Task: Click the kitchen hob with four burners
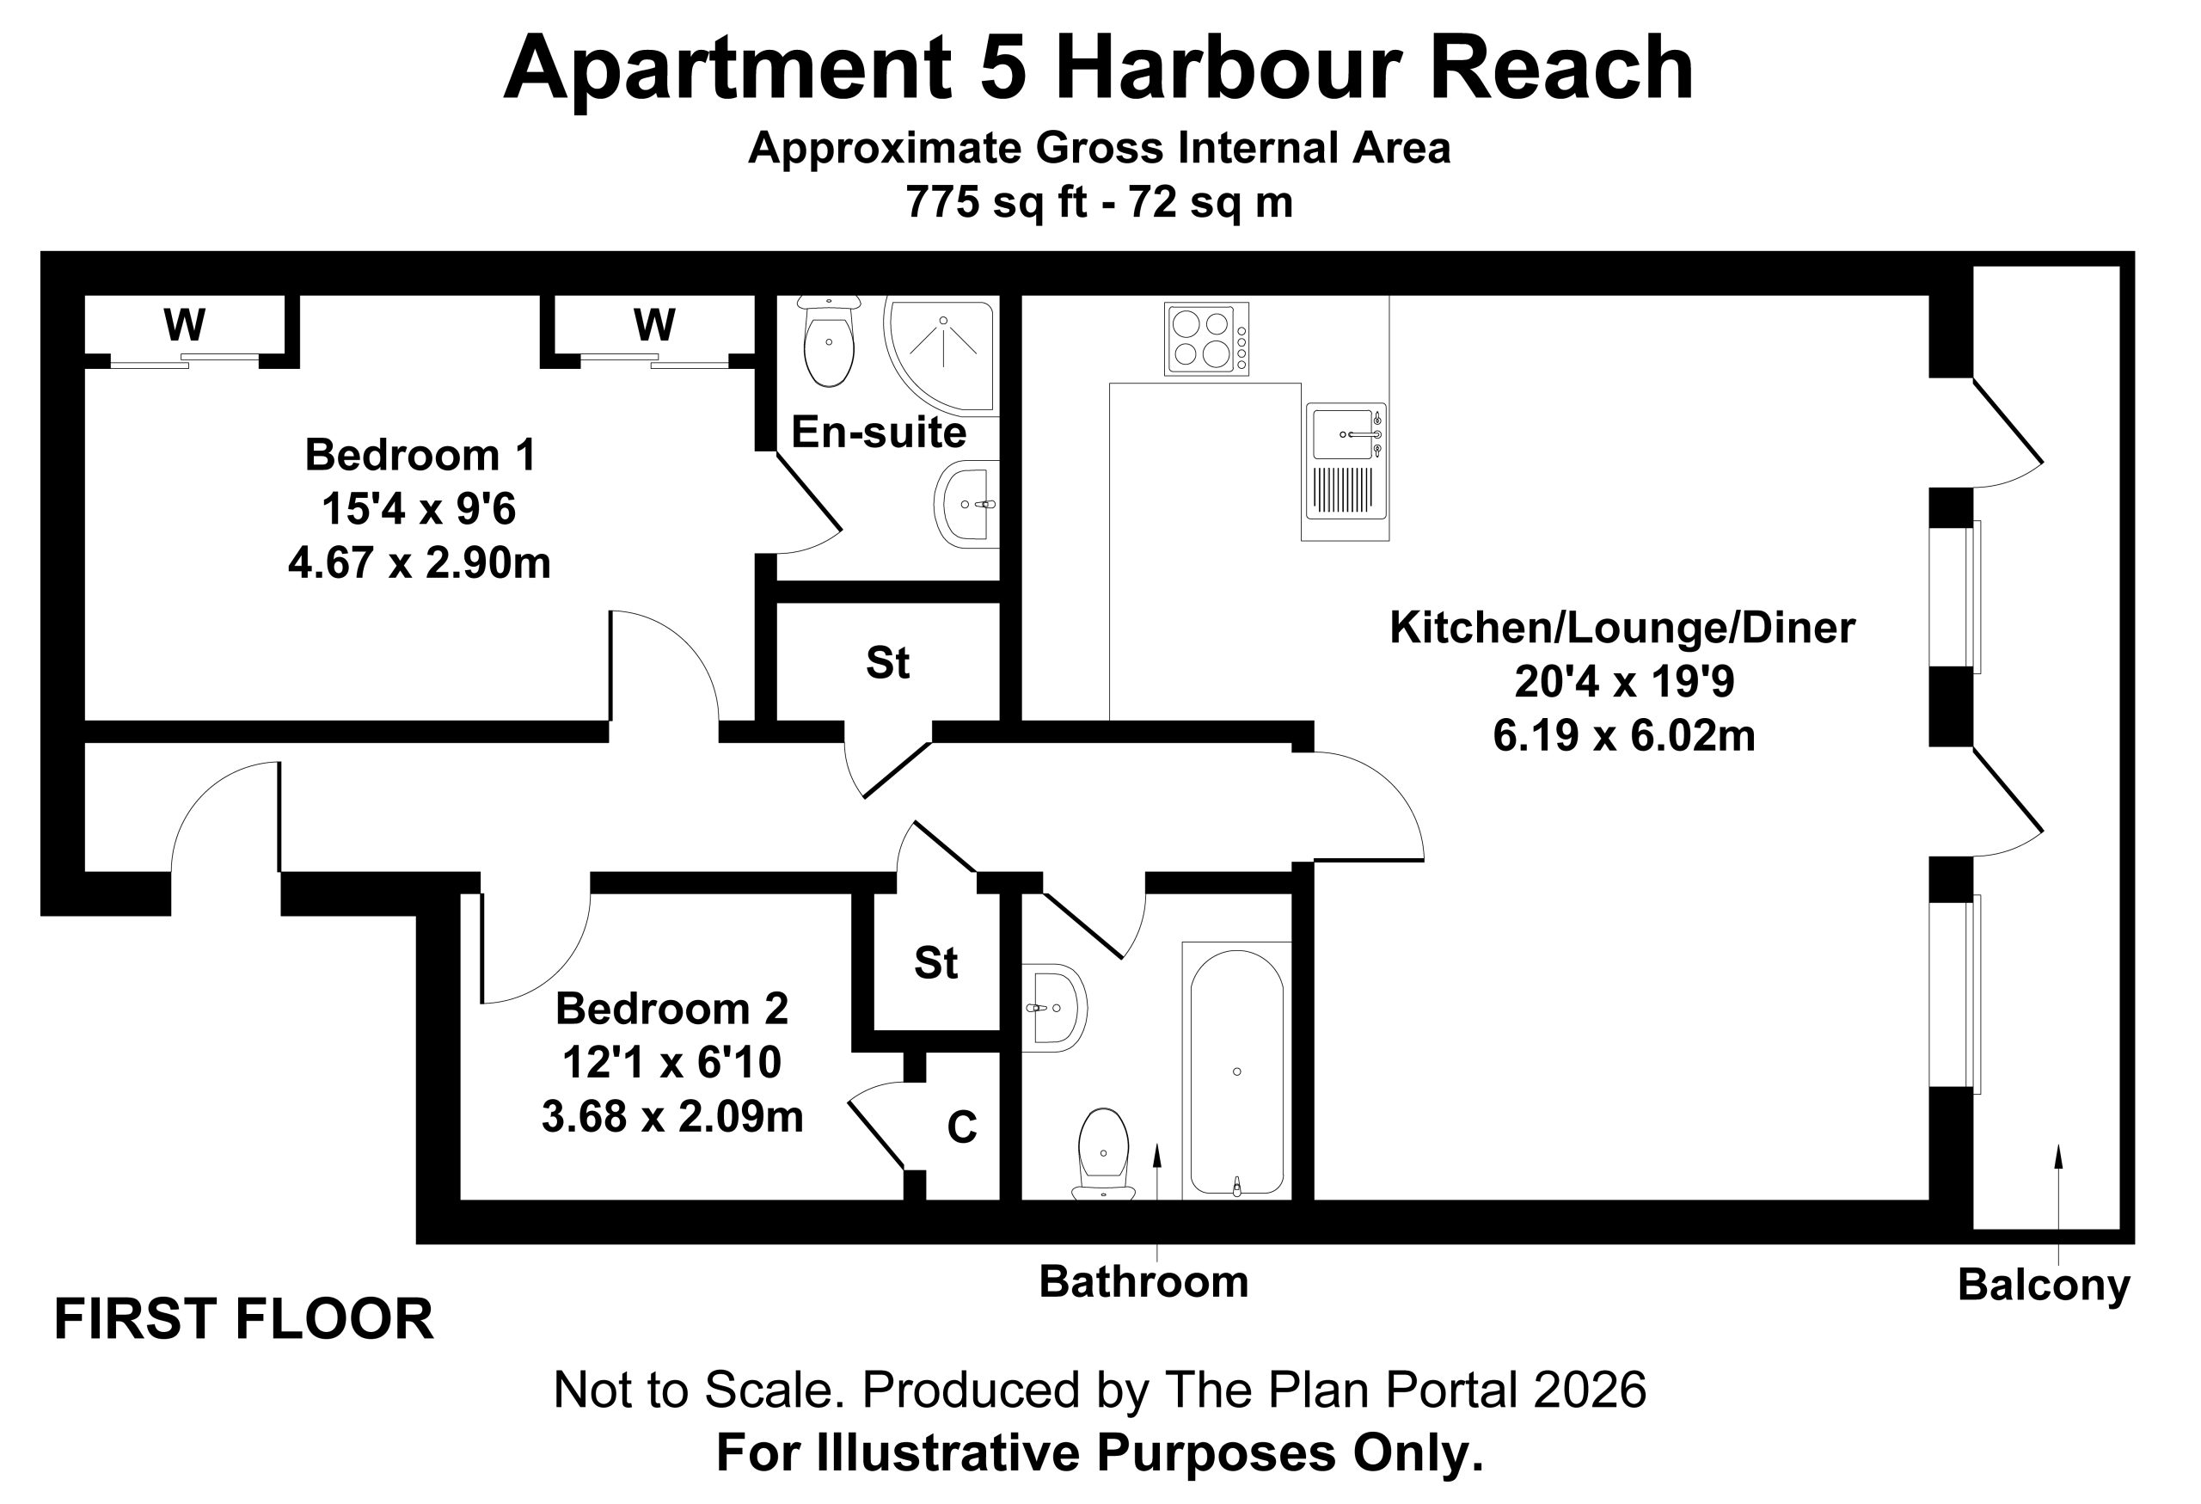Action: [x=1206, y=338]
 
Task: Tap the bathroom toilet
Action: [x=1103, y=1153]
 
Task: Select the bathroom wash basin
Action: [x=1054, y=1008]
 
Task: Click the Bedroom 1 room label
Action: [x=420, y=456]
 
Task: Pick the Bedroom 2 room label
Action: [x=671, y=1009]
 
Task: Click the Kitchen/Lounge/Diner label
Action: [x=1622, y=628]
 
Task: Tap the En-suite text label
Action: [x=879, y=432]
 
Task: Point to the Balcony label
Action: [x=2044, y=1286]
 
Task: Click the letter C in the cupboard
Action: [x=962, y=1127]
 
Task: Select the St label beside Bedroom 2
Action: [x=935, y=963]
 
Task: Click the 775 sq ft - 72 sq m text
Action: [x=1100, y=202]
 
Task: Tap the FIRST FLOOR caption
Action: [x=243, y=1319]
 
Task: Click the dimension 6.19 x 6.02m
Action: [x=1624, y=736]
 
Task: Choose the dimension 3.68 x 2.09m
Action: [x=672, y=1118]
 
